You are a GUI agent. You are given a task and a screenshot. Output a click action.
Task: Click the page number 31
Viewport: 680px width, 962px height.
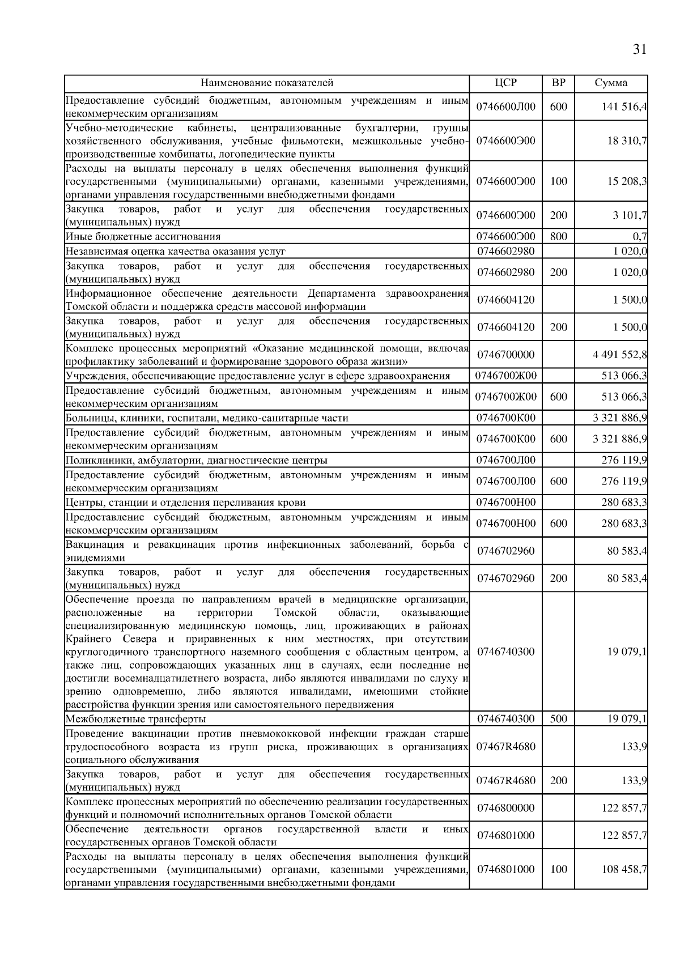639,50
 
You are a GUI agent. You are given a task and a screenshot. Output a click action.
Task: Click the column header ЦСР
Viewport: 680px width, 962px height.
505,83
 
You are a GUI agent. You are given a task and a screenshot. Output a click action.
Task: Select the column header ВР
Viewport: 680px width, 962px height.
558,83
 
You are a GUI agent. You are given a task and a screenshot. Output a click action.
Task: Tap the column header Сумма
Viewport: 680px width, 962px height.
611,83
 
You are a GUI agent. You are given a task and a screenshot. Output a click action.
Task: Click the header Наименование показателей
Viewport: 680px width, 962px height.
267,83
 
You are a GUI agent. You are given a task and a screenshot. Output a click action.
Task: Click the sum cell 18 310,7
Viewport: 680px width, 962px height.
627,141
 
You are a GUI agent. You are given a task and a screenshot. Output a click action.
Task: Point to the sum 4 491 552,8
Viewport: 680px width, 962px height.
620,355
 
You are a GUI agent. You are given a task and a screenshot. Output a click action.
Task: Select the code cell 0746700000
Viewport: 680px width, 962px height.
505,355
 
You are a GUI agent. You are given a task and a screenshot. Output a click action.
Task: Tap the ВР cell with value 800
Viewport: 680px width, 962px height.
558,236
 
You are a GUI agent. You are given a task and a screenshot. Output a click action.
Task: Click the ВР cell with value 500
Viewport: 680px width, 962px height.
558,719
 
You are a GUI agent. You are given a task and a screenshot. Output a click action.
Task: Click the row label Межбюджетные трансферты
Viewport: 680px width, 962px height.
136,719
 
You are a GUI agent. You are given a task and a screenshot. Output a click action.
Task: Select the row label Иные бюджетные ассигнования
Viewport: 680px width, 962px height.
143,236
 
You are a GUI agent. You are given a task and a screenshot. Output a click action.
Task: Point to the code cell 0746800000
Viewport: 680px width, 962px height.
505,808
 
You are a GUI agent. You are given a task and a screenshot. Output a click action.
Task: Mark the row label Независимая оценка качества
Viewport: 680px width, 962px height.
176,251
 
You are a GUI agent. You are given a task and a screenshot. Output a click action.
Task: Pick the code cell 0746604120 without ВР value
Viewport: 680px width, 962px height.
505,300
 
